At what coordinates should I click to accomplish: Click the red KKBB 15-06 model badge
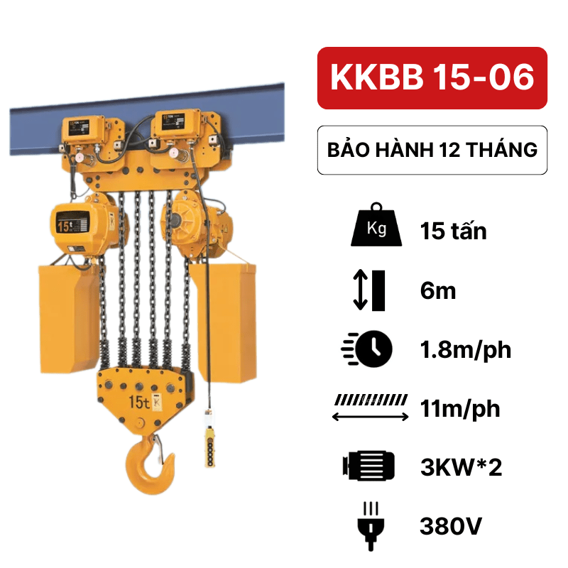click(432, 78)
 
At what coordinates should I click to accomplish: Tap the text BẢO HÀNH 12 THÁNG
click(432, 150)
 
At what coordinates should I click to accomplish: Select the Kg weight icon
click(376, 224)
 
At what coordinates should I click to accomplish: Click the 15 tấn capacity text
click(453, 231)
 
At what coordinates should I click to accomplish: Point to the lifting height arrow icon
click(369, 290)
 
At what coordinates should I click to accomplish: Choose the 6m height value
click(437, 291)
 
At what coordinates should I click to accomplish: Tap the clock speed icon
click(366, 349)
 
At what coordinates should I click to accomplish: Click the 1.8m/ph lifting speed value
click(466, 350)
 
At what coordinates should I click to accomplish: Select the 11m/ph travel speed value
click(460, 409)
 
